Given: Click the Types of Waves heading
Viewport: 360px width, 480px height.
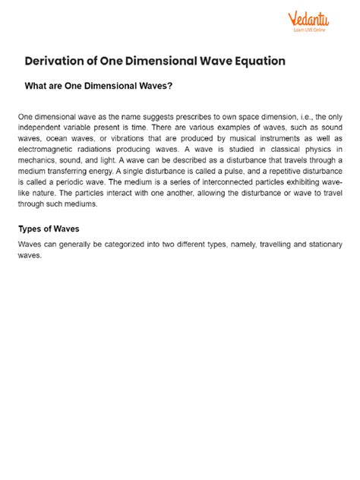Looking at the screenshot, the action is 48,229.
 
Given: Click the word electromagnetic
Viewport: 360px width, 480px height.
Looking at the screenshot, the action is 45,149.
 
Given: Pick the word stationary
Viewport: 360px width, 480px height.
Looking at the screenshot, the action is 318,245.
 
